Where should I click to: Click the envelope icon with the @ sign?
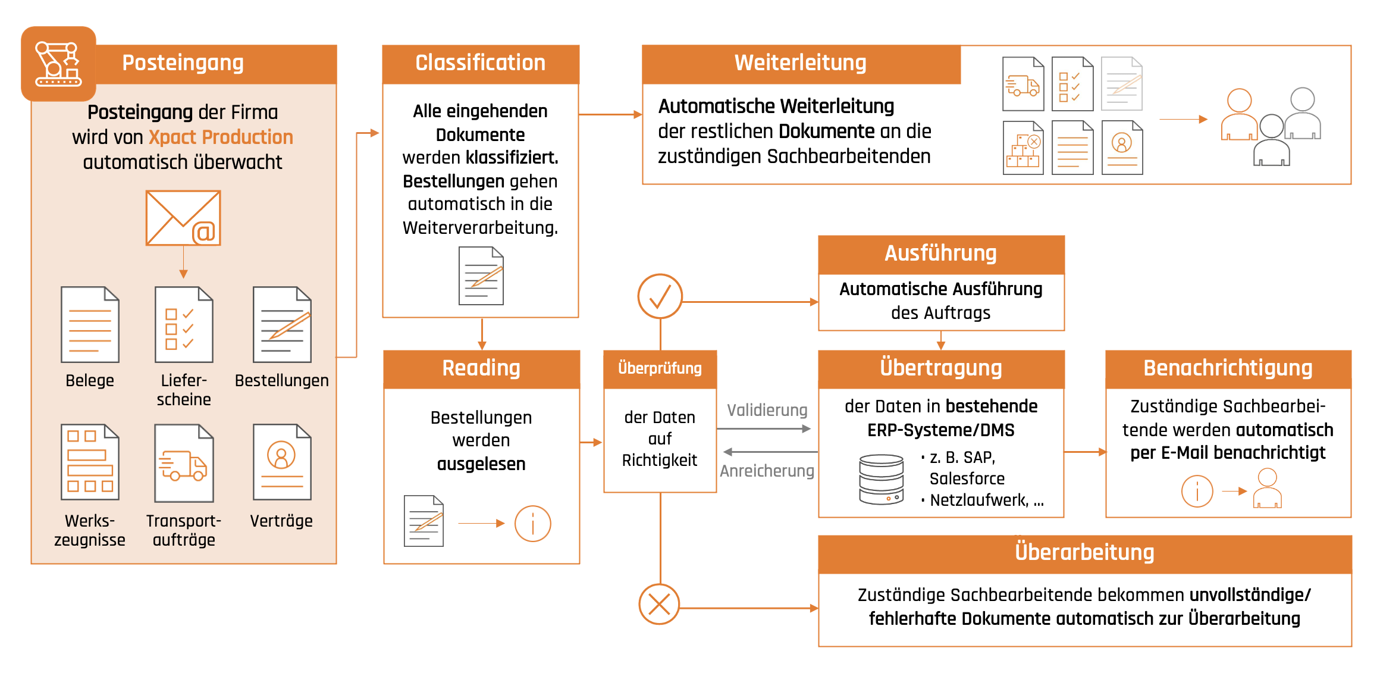pos(183,218)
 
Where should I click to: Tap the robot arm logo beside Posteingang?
pos(58,64)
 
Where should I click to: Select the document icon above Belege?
pos(90,325)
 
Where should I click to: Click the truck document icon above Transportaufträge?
pos(183,463)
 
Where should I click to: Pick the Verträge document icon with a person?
pos(282,462)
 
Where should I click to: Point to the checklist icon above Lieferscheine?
pos(183,325)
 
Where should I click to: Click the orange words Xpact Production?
pos(221,137)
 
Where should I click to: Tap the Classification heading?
pos(480,63)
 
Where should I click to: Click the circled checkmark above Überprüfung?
pos(660,296)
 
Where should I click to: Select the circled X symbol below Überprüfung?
pos(659,605)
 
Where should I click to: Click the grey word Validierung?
pos(767,410)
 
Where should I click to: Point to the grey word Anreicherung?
pos(767,471)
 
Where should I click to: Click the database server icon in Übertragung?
pos(881,479)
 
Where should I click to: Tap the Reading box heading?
pos(481,368)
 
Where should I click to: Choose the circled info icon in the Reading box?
pos(532,524)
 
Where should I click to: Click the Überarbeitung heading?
pos(1084,552)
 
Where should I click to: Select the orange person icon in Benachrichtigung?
pos(1267,489)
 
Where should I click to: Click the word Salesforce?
pos(967,478)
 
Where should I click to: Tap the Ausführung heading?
pos(940,253)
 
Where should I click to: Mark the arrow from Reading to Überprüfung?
pos(591,442)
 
